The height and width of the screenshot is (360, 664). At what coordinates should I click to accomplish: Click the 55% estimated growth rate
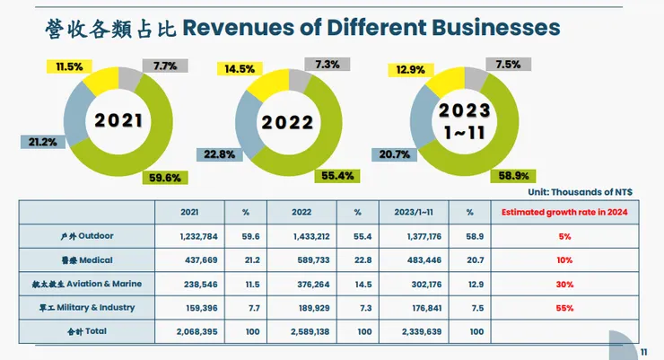(x=563, y=308)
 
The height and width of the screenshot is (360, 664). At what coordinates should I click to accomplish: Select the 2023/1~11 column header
(x=413, y=212)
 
